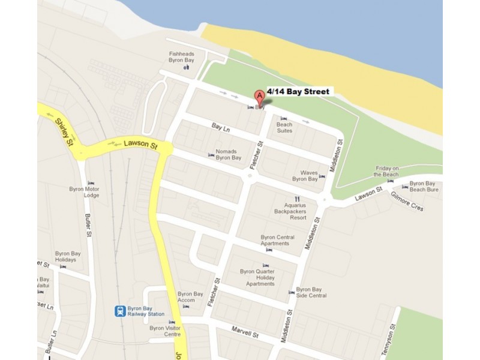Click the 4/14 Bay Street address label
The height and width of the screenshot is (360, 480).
click(x=298, y=92)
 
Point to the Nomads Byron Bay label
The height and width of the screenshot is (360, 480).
click(x=229, y=155)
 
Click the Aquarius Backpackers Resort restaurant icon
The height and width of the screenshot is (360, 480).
click(x=296, y=199)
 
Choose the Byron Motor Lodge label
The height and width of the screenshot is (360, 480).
click(x=83, y=192)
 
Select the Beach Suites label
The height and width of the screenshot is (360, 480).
click(x=284, y=127)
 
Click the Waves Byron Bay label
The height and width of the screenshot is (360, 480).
click(x=305, y=176)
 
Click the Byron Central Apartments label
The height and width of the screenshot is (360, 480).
click(x=277, y=241)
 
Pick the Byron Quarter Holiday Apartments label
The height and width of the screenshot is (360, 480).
click(x=257, y=277)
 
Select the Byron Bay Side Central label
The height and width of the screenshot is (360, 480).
click(x=311, y=292)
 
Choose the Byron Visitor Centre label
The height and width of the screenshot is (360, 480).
click(x=165, y=331)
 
